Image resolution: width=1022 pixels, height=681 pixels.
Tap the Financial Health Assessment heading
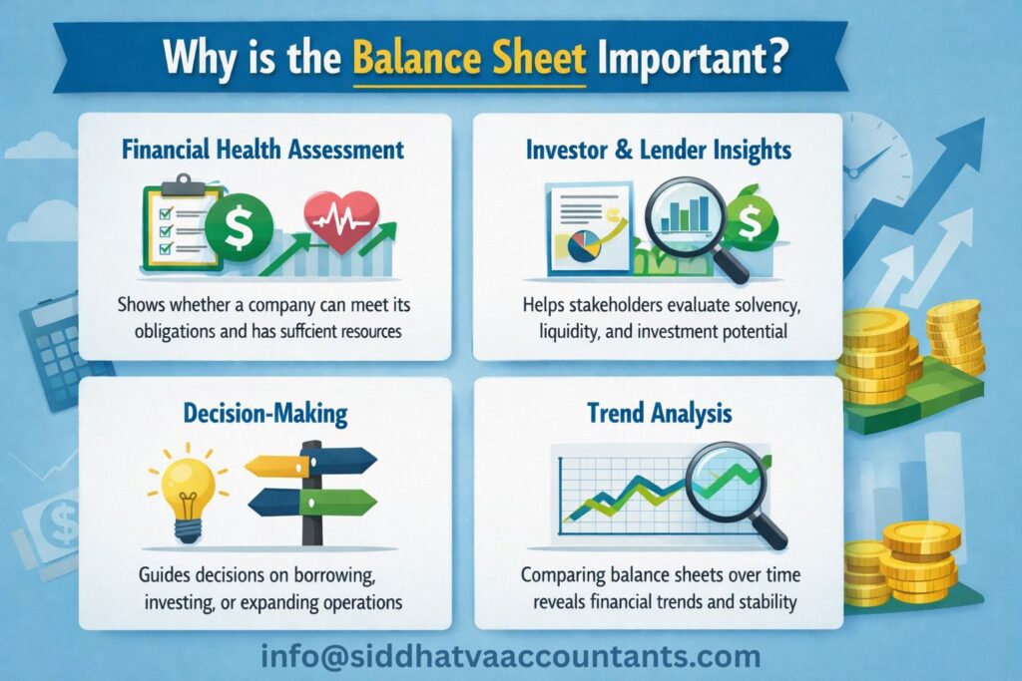pos(262,150)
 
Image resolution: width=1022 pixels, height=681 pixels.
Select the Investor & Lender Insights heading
pos(658,150)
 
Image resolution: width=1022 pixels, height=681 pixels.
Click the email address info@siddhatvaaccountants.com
pos(510,656)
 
